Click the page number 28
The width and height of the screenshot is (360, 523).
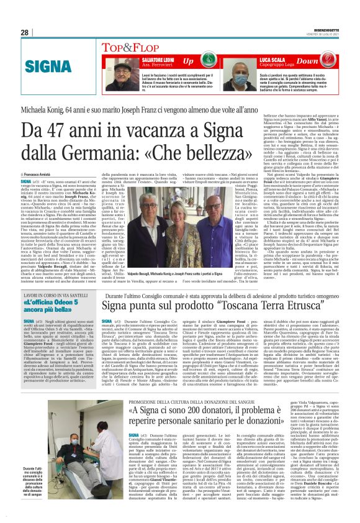tap(24, 32)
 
